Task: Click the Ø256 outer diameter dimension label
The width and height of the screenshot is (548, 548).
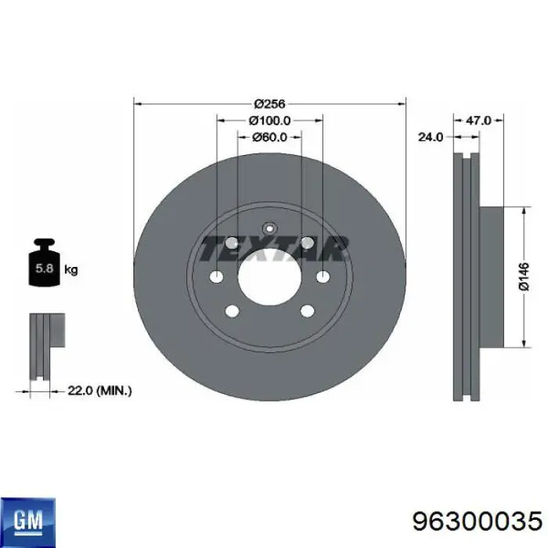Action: (269, 104)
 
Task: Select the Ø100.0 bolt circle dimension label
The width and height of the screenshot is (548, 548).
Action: (269, 121)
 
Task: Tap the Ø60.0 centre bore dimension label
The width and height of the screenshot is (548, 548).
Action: (269, 137)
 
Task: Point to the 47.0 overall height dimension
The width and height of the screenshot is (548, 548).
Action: (478, 121)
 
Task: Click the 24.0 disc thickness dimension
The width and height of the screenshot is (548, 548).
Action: (431, 137)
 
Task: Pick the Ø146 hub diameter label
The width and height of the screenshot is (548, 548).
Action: (524, 277)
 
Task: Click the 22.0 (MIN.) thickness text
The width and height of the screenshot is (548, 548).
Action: (99, 391)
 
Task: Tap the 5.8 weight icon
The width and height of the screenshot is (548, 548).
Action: (45, 262)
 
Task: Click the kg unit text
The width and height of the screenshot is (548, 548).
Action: (71, 270)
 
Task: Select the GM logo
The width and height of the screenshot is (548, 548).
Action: (28, 521)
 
